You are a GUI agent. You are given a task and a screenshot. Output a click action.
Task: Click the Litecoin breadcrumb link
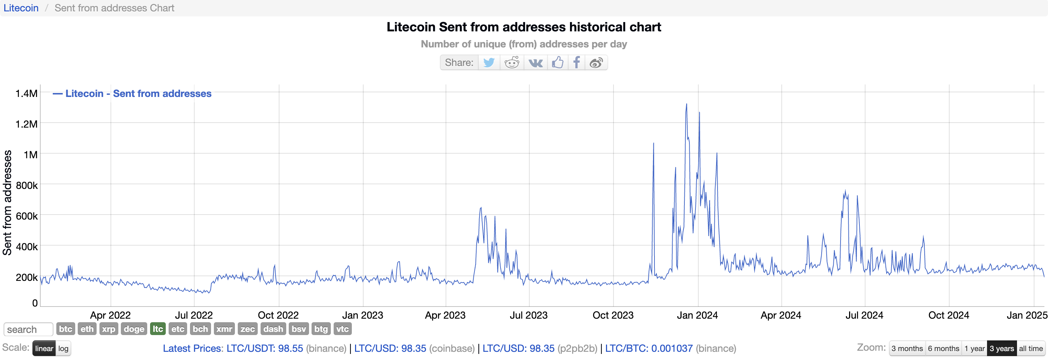(x=21, y=8)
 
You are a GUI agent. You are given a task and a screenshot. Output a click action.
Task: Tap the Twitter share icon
(x=489, y=63)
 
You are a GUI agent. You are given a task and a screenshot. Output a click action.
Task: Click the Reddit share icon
(x=512, y=63)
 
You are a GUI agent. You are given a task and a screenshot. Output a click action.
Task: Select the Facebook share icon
(x=576, y=63)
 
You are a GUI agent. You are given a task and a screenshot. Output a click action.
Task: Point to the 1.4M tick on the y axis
(x=26, y=93)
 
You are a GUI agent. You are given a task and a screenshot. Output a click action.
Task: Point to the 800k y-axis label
(x=27, y=185)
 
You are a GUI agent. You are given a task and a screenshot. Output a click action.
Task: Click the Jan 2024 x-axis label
(x=697, y=315)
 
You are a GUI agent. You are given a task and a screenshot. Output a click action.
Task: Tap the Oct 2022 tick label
(x=278, y=315)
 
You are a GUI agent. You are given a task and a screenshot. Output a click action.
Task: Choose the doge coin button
(x=134, y=329)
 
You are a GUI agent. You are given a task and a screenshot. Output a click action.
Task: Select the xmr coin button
(x=224, y=329)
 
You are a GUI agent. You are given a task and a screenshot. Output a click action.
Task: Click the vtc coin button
(x=342, y=329)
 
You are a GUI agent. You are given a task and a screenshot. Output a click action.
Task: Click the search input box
(x=29, y=329)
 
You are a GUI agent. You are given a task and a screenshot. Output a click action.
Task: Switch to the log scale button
(x=63, y=349)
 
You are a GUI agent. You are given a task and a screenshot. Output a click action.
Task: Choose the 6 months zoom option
(x=944, y=349)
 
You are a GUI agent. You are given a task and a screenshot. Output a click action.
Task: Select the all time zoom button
(x=1031, y=349)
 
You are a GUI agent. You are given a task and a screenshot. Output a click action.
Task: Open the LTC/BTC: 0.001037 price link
(x=648, y=349)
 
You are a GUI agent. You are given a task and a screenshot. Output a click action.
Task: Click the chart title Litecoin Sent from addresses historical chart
(x=524, y=27)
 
